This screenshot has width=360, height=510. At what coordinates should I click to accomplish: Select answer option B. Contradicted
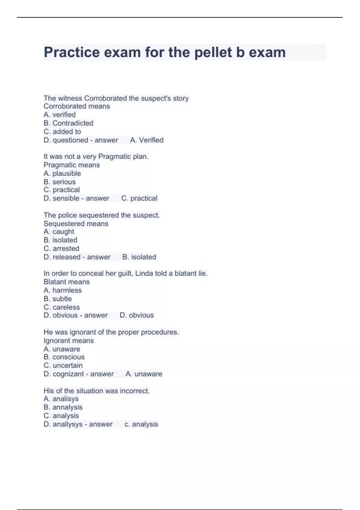click(x=68, y=123)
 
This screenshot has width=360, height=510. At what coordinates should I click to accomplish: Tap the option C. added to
click(x=62, y=131)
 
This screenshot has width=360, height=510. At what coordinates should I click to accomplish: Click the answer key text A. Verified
click(x=147, y=140)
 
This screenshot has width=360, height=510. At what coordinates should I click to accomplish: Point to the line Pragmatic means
click(x=72, y=165)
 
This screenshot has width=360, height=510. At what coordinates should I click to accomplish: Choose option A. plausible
click(x=62, y=173)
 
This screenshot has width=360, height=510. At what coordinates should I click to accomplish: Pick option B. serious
click(x=60, y=182)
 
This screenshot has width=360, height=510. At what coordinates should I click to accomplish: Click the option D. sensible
click(x=61, y=198)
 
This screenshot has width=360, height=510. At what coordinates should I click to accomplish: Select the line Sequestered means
click(x=76, y=223)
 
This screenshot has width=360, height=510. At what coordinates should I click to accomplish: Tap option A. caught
click(x=59, y=232)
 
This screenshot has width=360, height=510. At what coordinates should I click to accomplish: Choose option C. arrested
click(x=61, y=248)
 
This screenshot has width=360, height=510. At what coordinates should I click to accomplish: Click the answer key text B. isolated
click(x=139, y=257)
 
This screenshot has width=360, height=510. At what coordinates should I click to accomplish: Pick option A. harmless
click(x=62, y=290)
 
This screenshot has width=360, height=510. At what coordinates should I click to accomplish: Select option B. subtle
click(x=58, y=299)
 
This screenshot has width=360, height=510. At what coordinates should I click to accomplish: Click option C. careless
click(x=62, y=307)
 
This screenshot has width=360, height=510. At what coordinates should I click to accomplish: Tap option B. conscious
click(x=64, y=357)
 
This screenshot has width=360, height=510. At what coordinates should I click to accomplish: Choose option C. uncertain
click(x=63, y=365)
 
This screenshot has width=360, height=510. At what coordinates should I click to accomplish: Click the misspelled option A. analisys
click(x=61, y=399)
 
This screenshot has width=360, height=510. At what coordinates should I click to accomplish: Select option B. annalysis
click(x=63, y=407)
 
